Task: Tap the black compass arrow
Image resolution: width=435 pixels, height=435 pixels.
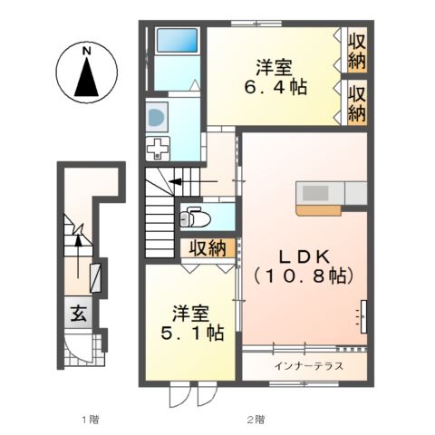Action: point(87,80)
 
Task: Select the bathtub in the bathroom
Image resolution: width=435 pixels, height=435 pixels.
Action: point(178,42)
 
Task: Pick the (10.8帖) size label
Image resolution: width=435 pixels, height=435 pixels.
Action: point(303,273)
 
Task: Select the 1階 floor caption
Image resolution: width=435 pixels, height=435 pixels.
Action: point(88,419)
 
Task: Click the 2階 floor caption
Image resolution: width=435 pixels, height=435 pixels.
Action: point(256,419)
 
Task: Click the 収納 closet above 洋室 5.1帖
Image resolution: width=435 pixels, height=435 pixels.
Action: point(208,247)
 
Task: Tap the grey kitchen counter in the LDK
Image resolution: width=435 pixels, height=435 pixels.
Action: point(329,193)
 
